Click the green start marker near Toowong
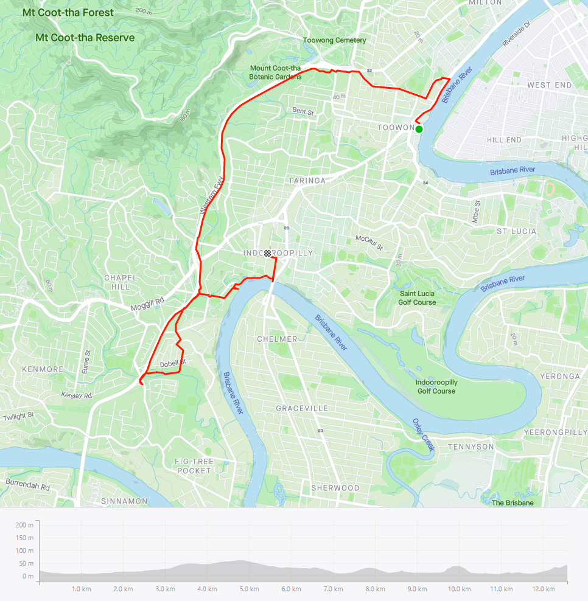[419, 129]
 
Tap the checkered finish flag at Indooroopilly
[267, 254]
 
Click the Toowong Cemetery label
[335, 41]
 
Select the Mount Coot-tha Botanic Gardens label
[275, 72]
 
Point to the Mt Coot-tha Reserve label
[85, 38]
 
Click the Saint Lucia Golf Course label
[417, 298]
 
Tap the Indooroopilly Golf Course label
[436, 386]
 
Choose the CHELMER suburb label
[277, 339]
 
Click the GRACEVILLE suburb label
[302, 408]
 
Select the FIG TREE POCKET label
[194, 466]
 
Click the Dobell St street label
[172, 364]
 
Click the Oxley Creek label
[424, 434]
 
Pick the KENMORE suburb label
[43, 369]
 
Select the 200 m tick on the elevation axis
[25, 524]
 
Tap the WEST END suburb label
[550, 85]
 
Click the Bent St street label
[303, 111]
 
